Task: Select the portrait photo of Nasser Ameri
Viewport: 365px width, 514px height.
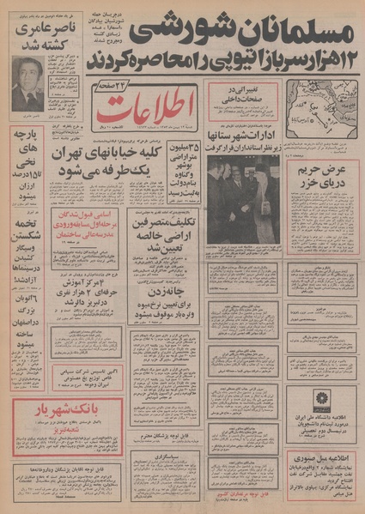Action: tap(28, 84)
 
